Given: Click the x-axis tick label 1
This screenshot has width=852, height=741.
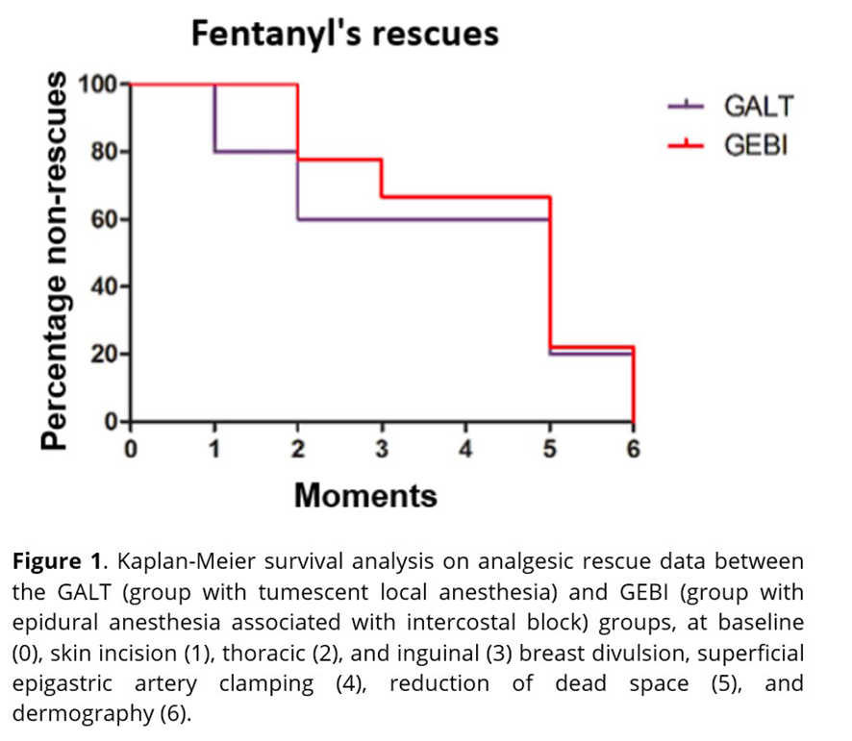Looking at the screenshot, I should pyautogui.click(x=214, y=448).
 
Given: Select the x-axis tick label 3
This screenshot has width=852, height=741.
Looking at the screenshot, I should pyautogui.click(x=382, y=448).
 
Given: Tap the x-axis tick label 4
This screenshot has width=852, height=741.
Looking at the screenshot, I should pyautogui.click(x=465, y=448).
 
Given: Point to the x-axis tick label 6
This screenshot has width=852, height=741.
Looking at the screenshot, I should pyautogui.click(x=633, y=448).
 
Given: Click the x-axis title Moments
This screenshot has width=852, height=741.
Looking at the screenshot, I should pyautogui.click(x=365, y=495).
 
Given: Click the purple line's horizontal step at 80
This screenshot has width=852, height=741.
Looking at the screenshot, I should pyautogui.click(x=256, y=151).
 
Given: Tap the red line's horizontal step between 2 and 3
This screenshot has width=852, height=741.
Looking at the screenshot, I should pyautogui.click(x=339, y=160).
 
